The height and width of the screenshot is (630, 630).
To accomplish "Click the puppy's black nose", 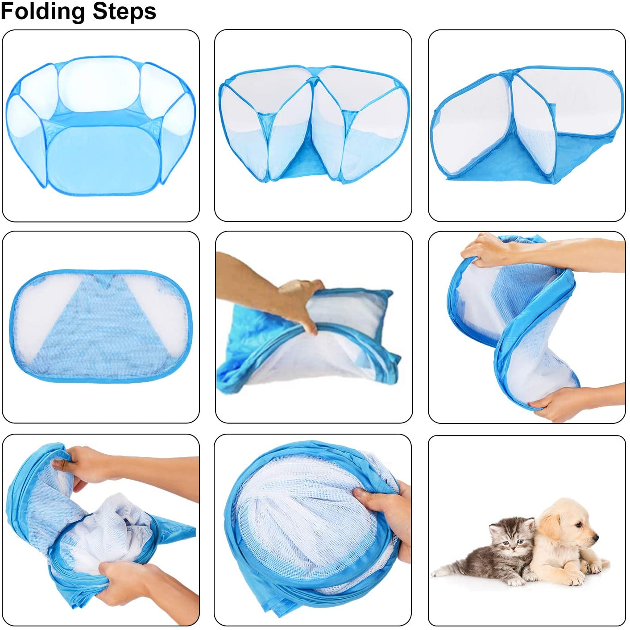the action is tap(596, 536).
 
